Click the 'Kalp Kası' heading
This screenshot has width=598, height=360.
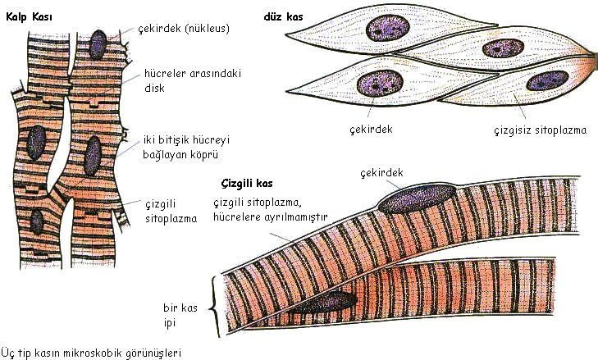click(x=29, y=17)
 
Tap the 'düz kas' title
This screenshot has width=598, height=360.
click(x=283, y=16)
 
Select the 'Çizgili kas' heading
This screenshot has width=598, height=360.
click(x=247, y=184)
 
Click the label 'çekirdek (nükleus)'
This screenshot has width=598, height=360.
click(x=184, y=29)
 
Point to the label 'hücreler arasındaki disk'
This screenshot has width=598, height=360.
click(x=193, y=80)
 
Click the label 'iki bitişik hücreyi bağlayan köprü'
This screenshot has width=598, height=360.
click(x=186, y=148)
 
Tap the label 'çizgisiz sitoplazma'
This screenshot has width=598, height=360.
click(x=541, y=130)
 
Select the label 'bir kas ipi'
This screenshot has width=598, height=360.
click(x=180, y=316)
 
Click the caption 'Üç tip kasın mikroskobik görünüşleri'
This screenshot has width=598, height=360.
click(x=91, y=353)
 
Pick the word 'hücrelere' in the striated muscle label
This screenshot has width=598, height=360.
click(x=236, y=217)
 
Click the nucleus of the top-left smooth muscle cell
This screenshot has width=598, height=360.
click(x=388, y=28)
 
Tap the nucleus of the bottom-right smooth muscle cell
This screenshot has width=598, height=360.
click(x=547, y=81)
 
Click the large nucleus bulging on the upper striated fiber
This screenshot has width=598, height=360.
click(x=418, y=198)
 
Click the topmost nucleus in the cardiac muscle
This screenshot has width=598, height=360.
click(x=98, y=44)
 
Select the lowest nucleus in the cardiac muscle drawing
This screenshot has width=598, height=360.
click(x=37, y=221)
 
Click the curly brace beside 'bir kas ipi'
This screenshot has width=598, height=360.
click(x=216, y=307)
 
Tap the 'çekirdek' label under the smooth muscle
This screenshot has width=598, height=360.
click(x=371, y=130)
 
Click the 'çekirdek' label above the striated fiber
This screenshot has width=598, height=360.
click(x=381, y=173)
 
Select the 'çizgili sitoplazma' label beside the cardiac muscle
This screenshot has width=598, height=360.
click(x=171, y=212)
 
